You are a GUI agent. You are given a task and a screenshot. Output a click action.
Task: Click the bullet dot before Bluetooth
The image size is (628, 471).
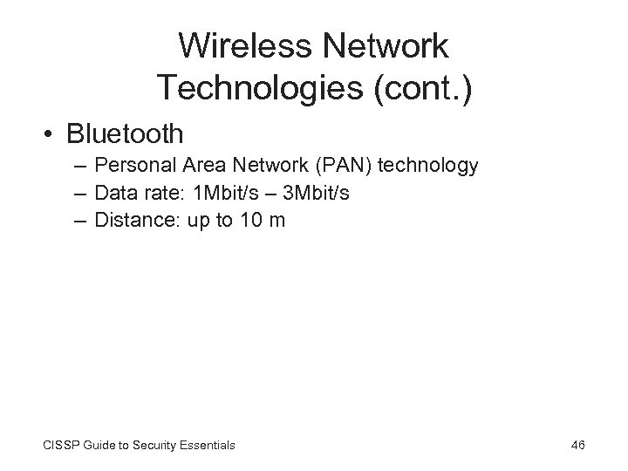coord(51,134)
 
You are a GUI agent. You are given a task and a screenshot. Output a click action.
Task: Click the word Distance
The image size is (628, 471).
coord(132,221)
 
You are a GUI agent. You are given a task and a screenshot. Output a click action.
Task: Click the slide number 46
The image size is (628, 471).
coord(577,446)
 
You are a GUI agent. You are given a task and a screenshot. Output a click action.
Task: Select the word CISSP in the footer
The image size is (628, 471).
coord(60,446)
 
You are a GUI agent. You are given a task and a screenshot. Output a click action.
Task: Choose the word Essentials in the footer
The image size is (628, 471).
coord(205,446)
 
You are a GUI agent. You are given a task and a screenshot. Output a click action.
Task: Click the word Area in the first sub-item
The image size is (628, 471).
coord(204,166)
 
